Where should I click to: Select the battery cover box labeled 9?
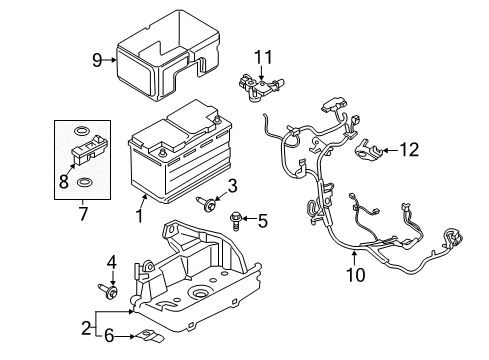pyautogui.click(x=165, y=55)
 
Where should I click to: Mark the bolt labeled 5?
pyautogui.click(x=238, y=218)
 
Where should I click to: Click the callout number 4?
pyautogui.click(x=110, y=263)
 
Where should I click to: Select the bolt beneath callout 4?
pyautogui.click(x=109, y=292)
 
